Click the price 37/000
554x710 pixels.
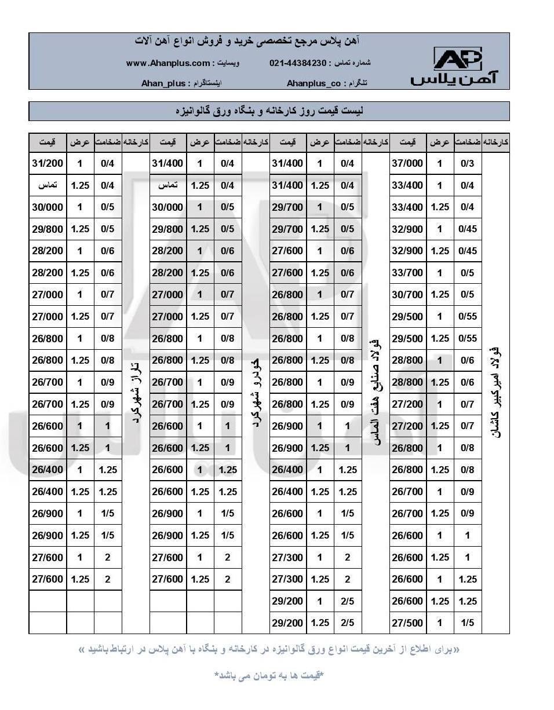pyautogui.click(x=407, y=163)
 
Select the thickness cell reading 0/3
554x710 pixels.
pyautogui.click(x=467, y=163)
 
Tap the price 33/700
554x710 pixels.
pyautogui.click(x=407, y=273)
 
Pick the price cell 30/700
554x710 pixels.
pyautogui.click(x=407, y=294)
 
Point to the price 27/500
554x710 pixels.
pyautogui.click(x=407, y=623)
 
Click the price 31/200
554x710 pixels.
pyautogui.click(x=48, y=163)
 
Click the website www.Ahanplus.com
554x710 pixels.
pyautogui.click(x=168, y=63)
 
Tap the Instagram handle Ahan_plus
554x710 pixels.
pyautogui.click(x=163, y=83)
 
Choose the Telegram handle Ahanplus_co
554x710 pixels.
pyautogui.click(x=314, y=83)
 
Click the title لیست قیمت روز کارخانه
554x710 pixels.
pyautogui.click(x=269, y=111)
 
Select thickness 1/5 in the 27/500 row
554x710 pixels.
pyautogui.click(x=467, y=623)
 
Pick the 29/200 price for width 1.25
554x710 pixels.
pyautogui.click(x=287, y=623)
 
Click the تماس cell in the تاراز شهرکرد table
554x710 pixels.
pyautogui.click(x=48, y=185)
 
